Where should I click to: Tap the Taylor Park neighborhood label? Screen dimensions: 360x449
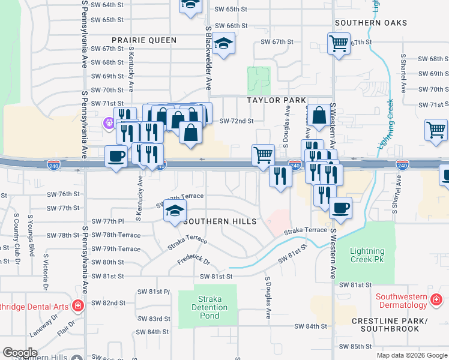pos(275,100)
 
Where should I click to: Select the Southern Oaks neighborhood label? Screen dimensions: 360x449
pos(371,23)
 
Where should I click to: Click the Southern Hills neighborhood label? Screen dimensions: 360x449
pos(220,221)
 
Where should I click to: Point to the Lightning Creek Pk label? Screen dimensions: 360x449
pos(367,255)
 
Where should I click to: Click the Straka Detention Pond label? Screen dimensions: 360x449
pos(210,308)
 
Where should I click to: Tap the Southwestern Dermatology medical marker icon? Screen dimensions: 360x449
pos(436,298)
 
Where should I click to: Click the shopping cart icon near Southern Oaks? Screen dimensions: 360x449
pos(339,43)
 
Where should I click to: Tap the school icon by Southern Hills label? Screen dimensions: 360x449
pos(175,211)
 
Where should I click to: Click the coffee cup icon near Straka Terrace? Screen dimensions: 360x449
pos(340,208)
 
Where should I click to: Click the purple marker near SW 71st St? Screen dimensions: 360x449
pos(108,124)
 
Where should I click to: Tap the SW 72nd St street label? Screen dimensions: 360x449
pos(236,121)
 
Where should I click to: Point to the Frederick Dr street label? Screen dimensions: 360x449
pos(193,262)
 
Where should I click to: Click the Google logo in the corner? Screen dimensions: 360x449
pos(20,353)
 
